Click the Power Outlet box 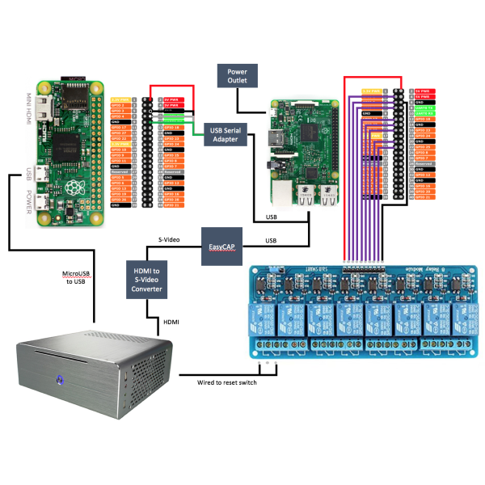(x=238, y=77)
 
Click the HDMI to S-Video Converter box (x=146, y=279)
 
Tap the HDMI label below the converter (x=172, y=320)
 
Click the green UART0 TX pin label (x=424, y=107)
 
